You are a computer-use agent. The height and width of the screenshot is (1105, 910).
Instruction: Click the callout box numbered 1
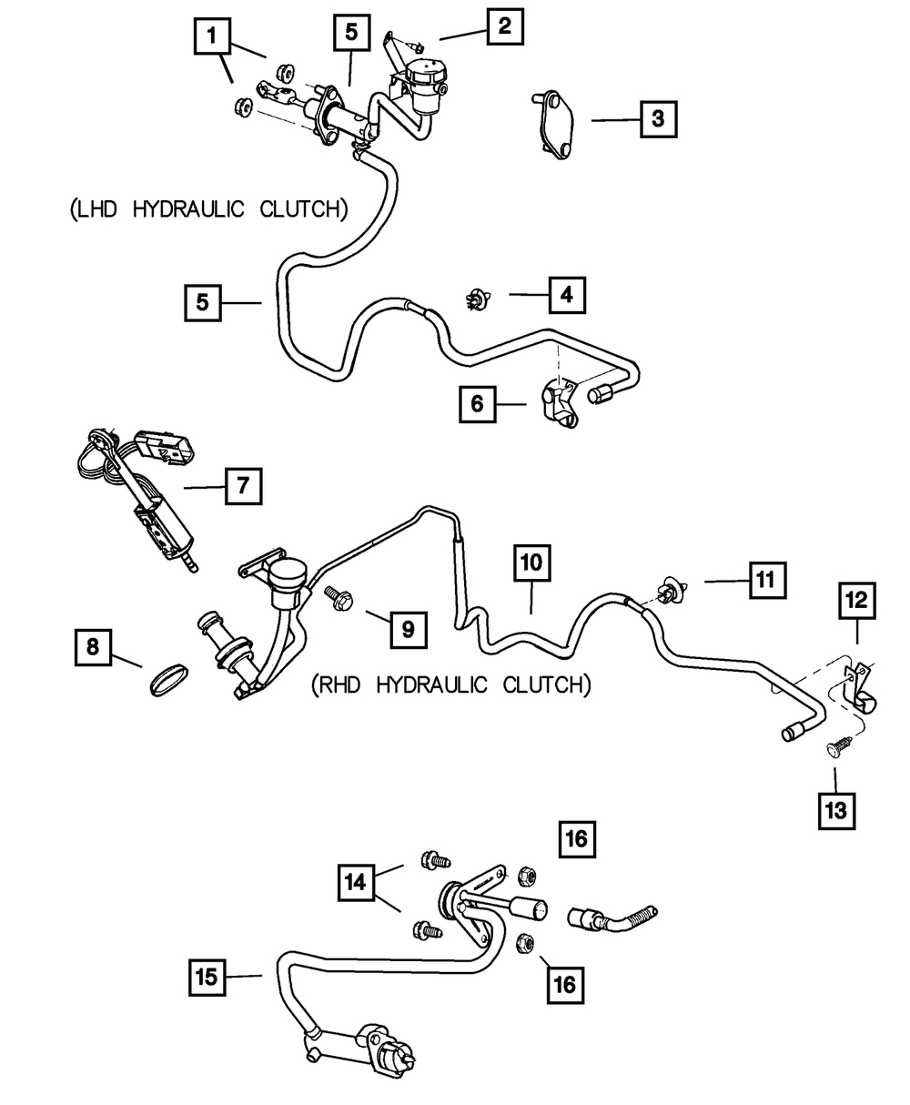click(212, 37)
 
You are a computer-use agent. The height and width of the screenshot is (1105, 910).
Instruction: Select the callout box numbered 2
click(504, 25)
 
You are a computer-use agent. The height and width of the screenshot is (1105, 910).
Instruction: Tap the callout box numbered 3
click(658, 118)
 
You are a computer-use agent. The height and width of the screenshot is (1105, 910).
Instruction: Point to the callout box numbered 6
click(478, 403)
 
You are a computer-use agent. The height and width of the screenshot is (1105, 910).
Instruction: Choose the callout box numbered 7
click(243, 486)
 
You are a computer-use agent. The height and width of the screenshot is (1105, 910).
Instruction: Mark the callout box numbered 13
click(836, 809)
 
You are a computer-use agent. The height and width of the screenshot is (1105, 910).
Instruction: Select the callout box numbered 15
click(208, 978)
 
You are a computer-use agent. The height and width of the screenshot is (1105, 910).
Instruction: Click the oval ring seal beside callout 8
click(168, 679)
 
